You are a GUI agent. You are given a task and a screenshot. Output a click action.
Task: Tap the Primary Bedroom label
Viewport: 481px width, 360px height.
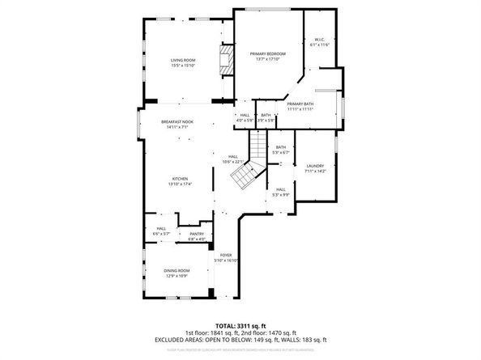[267, 53]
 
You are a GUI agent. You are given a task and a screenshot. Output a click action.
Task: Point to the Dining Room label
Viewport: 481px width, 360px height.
[177, 273]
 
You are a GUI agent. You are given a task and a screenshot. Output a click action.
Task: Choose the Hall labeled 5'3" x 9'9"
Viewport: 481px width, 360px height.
[280, 192]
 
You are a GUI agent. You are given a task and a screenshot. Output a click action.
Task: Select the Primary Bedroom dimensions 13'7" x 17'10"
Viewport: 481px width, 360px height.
[267, 59]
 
